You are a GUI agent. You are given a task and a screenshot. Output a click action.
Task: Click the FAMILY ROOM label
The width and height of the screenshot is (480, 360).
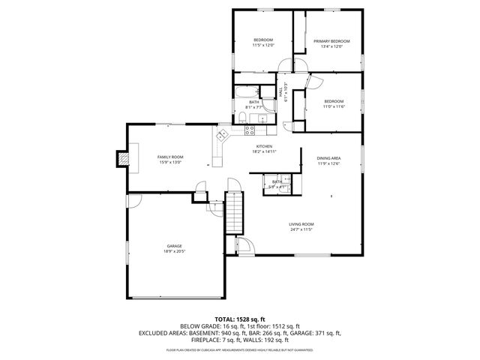(170, 157)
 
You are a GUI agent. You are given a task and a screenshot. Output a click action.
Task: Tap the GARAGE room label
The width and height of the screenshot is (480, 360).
(175, 246)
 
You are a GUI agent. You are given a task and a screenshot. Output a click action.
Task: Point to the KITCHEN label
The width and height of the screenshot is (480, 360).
(263, 146)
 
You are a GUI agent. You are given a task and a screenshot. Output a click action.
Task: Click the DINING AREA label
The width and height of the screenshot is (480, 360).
(328, 158)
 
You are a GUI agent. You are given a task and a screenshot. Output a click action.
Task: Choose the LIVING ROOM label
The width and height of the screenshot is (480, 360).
(301, 224)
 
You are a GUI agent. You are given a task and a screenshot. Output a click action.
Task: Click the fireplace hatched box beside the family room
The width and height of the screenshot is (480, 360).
(121, 159)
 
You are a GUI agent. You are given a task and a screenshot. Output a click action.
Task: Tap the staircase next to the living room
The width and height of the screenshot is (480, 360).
(235, 213)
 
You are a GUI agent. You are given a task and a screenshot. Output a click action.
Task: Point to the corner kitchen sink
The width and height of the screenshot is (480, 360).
(222, 136)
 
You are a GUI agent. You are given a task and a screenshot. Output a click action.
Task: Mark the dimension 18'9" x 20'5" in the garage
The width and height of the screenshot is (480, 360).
(175, 252)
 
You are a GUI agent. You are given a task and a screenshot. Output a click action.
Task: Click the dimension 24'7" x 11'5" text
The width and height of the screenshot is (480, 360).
(301, 230)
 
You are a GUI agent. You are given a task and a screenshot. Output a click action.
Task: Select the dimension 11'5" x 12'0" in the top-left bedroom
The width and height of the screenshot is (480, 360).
(262, 46)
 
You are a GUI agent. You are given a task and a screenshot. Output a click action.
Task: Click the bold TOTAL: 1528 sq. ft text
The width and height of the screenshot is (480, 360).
(239, 319)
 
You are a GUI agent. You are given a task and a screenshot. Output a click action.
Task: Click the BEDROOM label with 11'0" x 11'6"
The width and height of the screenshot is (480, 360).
(334, 101)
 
